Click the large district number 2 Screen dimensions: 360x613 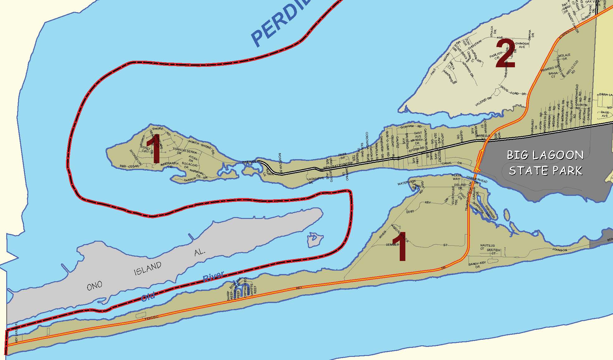click(505, 53)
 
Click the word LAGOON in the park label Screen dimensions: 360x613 click(545, 155)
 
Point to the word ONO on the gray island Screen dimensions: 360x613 click(94, 286)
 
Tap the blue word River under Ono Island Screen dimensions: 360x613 click(213, 277)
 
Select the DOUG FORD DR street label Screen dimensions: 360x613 click(513, 92)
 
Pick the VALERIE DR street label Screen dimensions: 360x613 click(483, 102)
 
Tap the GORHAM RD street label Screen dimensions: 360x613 click(411, 127)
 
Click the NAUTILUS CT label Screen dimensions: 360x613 click(487, 247)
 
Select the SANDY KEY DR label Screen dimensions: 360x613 click(477, 265)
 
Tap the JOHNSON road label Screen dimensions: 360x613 click(559, 250)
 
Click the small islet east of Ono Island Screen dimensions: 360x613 click(315, 239)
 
